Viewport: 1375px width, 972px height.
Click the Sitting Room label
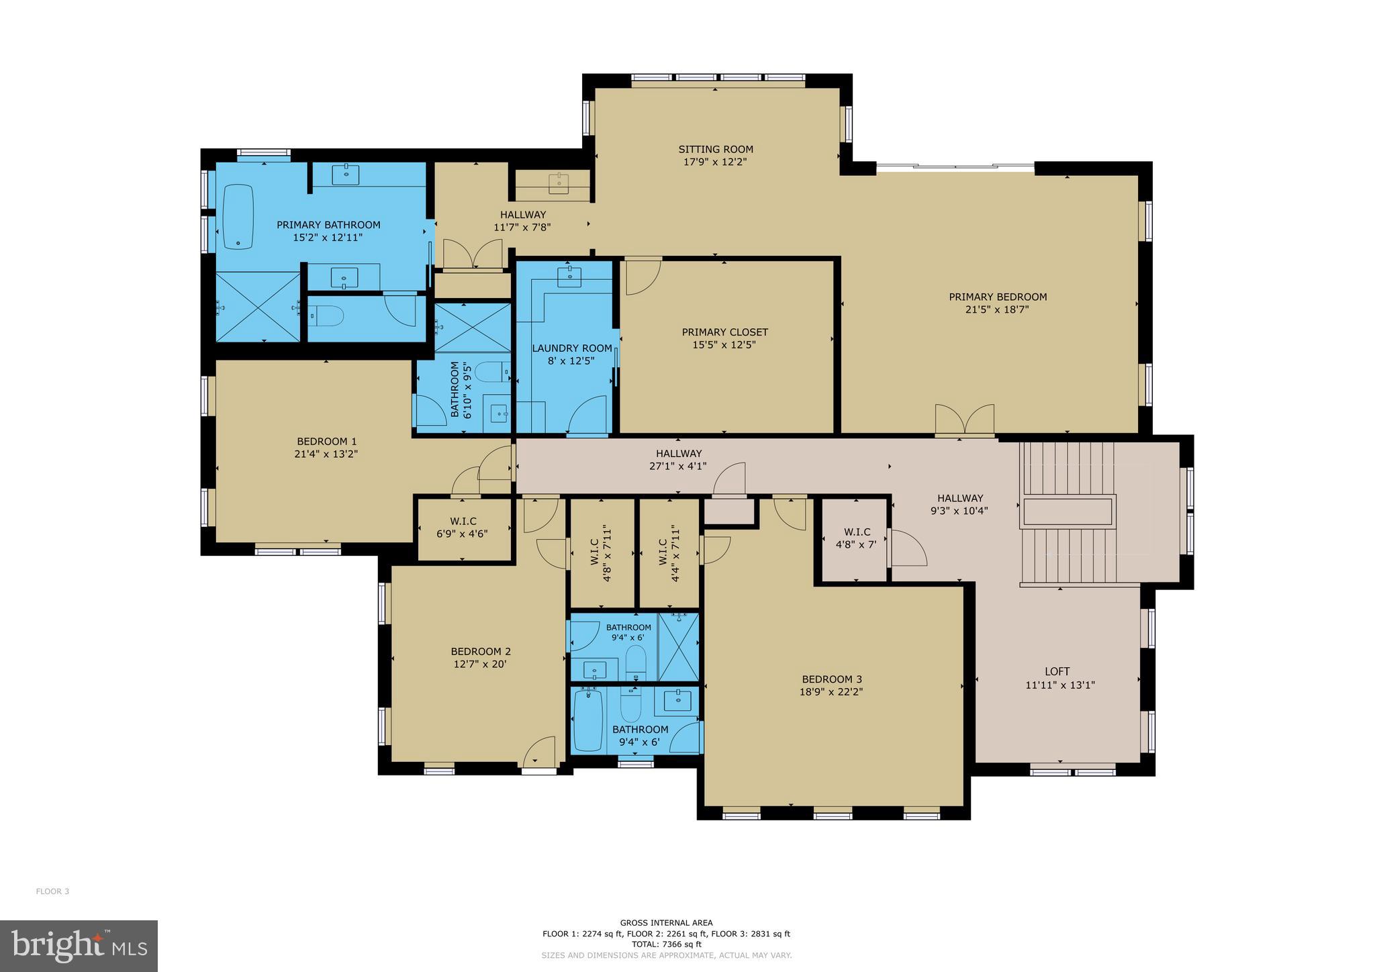[x=716, y=149]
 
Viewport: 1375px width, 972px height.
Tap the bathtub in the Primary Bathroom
[x=238, y=216]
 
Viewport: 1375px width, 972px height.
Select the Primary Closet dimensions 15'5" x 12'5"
[x=724, y=344]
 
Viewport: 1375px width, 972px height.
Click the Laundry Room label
[x=572, y=348]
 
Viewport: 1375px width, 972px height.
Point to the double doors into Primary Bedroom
[x=965, y=421]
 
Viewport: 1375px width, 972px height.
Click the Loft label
[x=1057, y=671]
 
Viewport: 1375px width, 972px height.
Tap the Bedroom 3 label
[x=831, y=679]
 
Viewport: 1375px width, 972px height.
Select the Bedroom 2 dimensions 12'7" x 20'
[x=480, y=664]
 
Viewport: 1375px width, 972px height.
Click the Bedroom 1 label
[x=326, y=441]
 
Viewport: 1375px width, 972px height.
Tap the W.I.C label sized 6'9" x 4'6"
[x=463, y=522]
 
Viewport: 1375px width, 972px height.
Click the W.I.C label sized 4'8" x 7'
[x=853, y=532]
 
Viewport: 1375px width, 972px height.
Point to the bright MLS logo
[x=79, y=946]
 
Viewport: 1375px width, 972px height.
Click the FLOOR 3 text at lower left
[x=52, y=891]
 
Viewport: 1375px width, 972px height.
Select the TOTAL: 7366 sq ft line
[x=666, y=944]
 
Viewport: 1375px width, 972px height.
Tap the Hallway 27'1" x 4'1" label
[x=679, y=454]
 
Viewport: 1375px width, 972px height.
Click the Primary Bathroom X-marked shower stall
[x=258, y=306]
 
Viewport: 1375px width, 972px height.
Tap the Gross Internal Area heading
[x=666, y=923]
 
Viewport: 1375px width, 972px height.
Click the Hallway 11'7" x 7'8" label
[x=522, y=215]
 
